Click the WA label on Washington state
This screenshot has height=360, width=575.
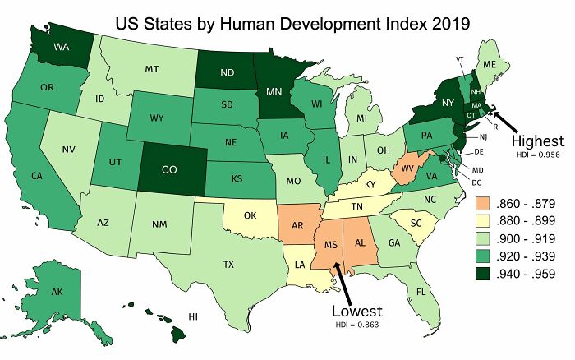click(61, 47)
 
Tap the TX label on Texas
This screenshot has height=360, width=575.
click(228, 265)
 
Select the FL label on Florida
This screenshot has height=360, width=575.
click(421, 291)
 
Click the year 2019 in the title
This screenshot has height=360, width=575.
click(444, 23)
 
